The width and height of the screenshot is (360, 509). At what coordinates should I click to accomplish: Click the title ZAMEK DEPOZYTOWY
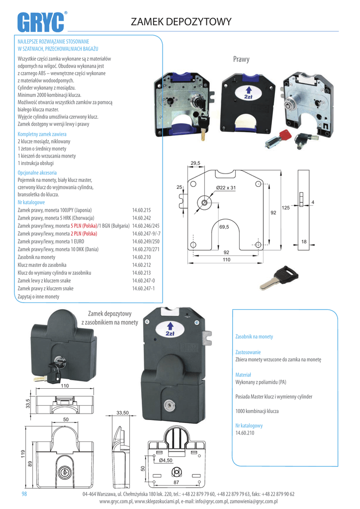(x=181, y=22)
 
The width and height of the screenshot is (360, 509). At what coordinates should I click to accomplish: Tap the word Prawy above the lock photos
(x=241, y=60)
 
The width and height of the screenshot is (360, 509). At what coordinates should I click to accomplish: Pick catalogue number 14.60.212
(x=141, y=265)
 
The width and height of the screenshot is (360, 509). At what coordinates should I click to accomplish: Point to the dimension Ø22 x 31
(x=225, y=187)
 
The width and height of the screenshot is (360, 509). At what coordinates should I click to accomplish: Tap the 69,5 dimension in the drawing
(x=224, y=227)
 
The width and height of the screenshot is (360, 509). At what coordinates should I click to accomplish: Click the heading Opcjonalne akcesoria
(x=37, y=172)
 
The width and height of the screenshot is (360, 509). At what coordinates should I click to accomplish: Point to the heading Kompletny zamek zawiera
(x=42, y=134)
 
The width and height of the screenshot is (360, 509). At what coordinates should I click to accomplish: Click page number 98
(x=24, y=494)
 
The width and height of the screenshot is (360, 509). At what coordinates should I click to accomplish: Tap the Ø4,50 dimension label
(x=166, y=460)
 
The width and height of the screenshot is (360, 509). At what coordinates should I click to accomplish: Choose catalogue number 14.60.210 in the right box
(x=244, y=433)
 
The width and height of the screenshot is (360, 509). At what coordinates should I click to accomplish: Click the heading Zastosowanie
(x=248, y=352)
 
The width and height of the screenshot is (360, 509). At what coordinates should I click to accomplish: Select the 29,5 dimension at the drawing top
(x=195, y=163)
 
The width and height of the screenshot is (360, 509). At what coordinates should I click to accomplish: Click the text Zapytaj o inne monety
(x=38, y=297)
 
